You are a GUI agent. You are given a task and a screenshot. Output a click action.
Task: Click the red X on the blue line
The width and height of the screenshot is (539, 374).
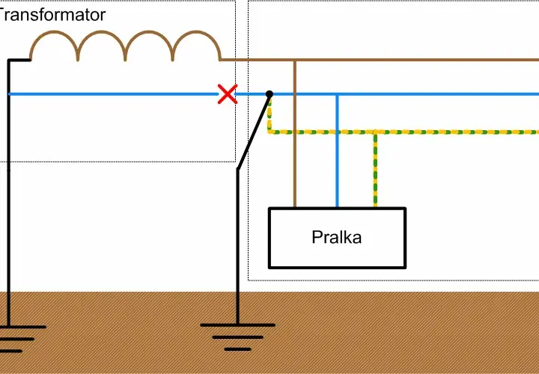(x=228, y=93)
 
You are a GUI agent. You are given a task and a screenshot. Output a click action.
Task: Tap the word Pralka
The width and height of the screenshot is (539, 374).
(x=337, y=237)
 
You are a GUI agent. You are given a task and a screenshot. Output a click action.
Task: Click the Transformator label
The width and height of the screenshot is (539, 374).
(x=52, y=15)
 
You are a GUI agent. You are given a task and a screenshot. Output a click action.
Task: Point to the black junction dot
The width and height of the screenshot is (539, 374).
(x=269, y=93)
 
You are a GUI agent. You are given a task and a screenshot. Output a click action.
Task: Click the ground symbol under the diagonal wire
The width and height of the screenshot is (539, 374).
(x=237, y=337)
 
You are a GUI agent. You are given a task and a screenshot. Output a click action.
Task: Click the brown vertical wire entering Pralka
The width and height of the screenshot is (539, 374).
(x=295, y=134)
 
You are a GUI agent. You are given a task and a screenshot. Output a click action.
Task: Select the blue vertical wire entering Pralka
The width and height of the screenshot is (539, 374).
(x=337, y=151)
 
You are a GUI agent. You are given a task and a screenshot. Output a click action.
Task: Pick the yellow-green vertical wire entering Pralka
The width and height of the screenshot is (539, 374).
(x=375, y=170)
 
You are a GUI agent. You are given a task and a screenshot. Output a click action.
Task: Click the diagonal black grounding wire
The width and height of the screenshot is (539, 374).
(x=253, y=132)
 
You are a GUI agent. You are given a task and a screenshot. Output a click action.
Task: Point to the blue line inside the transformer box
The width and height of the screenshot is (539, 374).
(x=114, y=93)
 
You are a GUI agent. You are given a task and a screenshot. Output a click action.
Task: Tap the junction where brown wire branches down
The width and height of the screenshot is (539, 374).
(x=295, y=60)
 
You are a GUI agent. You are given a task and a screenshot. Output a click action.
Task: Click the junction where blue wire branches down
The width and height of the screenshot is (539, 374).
(x=337, y=94)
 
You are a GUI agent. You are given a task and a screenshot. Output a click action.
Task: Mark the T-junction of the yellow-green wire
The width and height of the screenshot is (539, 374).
(x=375, y=132)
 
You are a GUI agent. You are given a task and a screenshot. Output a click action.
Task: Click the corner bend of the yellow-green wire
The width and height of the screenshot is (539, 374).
(x=269, y=132)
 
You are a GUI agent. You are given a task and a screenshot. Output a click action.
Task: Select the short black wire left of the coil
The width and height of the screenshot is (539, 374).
(x=19, y=60)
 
